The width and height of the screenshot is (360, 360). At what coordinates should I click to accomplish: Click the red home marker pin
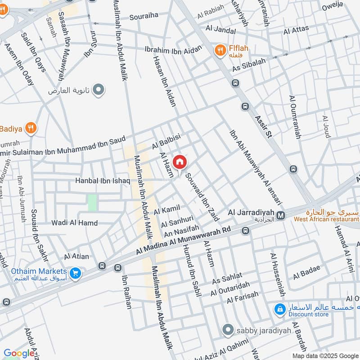coord(179,162)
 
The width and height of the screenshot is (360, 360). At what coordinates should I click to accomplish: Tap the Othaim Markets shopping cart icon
coord(75,272)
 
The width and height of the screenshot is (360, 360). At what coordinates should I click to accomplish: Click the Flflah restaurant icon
coord(220,50)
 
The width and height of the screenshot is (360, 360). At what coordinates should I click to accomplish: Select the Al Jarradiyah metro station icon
coord(281,216)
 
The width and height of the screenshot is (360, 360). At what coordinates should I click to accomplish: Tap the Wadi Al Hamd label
coord(68,223)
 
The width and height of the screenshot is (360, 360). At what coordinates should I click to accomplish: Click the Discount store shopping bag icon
coord(280,309)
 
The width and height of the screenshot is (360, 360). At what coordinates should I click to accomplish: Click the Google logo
coord(18,353)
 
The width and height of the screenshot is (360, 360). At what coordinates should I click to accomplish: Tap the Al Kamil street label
coord(166,209)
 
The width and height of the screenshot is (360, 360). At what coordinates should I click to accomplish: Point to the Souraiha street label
coord(144,16)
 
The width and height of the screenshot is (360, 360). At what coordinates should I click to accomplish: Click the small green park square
coord(92,202)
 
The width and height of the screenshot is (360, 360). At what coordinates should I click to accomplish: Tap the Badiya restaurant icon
coord(31,129)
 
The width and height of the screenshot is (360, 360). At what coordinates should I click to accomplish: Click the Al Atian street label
coord(76,256)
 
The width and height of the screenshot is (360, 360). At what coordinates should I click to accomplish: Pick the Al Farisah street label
coord(243,297)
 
